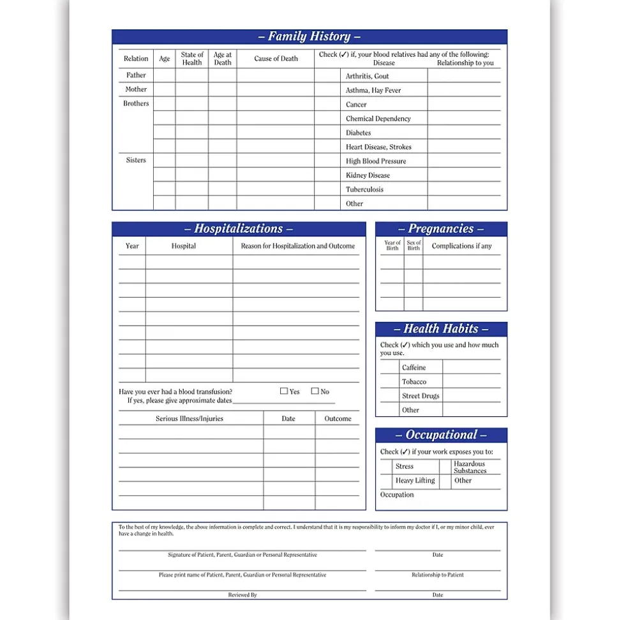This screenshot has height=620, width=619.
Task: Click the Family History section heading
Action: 309,36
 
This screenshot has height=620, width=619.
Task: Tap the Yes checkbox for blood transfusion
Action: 284,391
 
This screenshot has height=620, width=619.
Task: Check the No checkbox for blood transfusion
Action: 315,391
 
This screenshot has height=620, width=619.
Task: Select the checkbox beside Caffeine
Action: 389,367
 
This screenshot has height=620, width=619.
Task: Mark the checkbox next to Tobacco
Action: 389,381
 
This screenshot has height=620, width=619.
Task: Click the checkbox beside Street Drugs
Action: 389,396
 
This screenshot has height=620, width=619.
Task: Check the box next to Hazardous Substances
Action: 445,467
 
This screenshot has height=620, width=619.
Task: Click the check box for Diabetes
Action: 327,133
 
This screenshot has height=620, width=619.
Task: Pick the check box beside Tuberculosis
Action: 327,189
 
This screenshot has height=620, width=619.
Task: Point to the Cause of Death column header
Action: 276,59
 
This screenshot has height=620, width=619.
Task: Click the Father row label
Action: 136,75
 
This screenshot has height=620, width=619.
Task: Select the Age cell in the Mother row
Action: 164,89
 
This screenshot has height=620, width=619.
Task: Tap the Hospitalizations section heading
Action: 239,229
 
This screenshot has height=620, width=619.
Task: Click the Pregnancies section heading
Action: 441,229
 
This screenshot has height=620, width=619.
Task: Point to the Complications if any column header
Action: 462,246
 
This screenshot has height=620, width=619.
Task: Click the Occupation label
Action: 397,495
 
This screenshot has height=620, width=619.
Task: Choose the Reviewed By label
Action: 242,594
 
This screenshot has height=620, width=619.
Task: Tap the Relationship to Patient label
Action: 438,575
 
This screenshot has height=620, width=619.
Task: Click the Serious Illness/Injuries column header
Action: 190,419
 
